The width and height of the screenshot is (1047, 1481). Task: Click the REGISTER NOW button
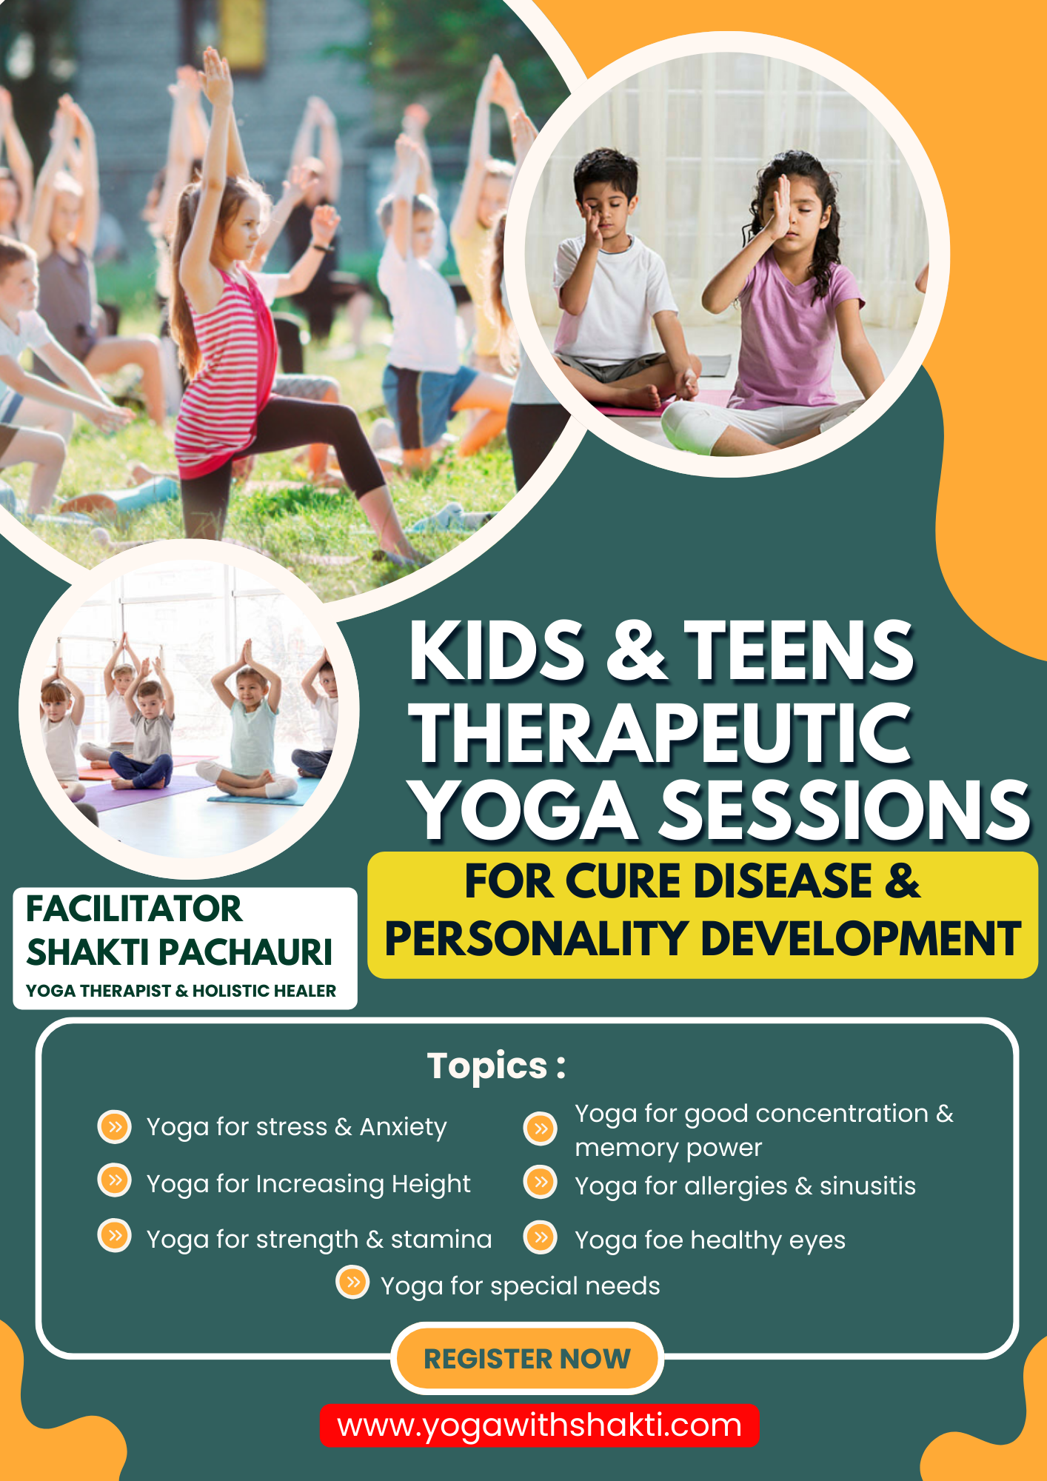point(526,1359)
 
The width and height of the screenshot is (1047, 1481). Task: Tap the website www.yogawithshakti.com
point(539,1425)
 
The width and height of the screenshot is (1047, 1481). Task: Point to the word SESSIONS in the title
point(845,811)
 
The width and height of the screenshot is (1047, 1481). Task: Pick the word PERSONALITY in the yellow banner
point(538,939)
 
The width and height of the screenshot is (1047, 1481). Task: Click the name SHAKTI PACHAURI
point(179,952)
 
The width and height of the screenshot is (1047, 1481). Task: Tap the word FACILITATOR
point(134,909)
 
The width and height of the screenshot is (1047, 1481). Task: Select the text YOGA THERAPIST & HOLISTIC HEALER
point(181,991)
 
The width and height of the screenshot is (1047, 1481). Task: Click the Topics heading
point(496,1066)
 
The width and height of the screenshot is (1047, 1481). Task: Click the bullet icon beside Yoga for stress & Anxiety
point(115,1127)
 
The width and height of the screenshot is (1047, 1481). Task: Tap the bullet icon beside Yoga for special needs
point(353,1282)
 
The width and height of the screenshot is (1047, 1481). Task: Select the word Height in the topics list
point(431,1184)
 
